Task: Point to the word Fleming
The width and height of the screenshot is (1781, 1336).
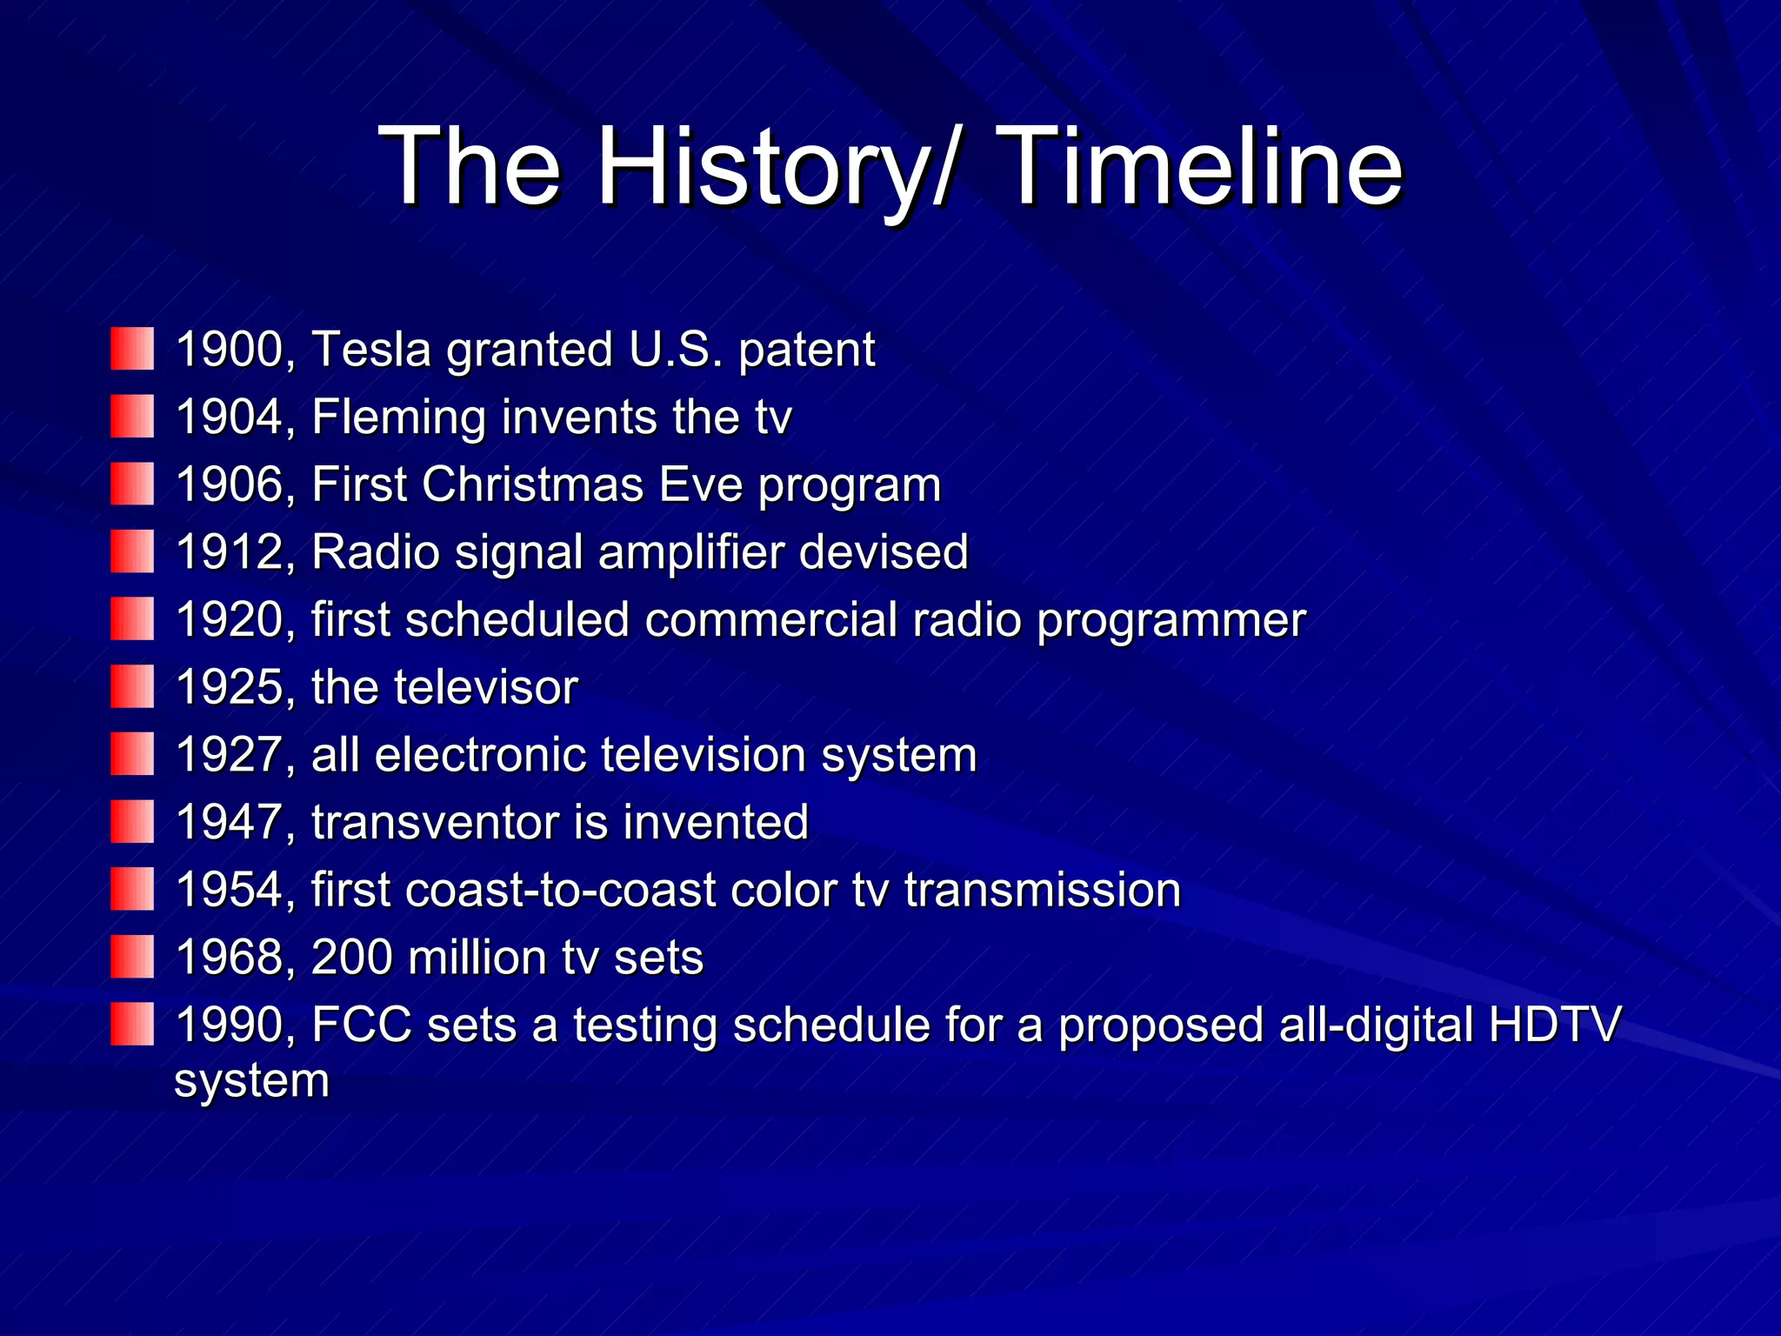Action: (398, 417)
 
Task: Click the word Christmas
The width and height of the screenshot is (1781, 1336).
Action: (532, 484)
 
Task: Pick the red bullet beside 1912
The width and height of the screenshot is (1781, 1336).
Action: (132, 551)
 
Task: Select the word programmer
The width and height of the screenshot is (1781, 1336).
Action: (1171, 621)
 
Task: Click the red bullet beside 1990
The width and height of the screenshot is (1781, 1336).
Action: (132, 1024)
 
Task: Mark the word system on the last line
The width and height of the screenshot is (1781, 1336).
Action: (252, 1082)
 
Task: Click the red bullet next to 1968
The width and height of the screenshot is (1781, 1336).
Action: (132, 957)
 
